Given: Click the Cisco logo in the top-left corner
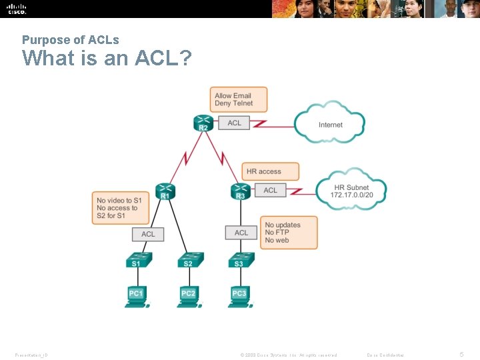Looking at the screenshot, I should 16,9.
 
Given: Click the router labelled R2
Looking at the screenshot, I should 203,123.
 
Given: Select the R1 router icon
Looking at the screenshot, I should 165,191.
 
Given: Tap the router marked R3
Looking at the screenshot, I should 240,191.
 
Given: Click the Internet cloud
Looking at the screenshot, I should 330,124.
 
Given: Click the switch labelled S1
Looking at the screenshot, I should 136,261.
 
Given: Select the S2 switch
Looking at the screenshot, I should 188,261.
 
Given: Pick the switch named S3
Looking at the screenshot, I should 239,261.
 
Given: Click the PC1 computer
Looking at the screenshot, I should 136,295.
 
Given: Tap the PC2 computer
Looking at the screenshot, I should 188,295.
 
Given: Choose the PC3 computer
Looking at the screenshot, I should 239,295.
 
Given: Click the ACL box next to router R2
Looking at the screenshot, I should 235,123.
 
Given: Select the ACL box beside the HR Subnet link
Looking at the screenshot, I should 270,191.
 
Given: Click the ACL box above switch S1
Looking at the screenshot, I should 148,234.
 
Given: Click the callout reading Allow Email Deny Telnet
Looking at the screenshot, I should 238,99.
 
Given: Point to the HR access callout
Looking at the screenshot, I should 269,171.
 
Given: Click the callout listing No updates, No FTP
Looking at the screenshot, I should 288,233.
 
